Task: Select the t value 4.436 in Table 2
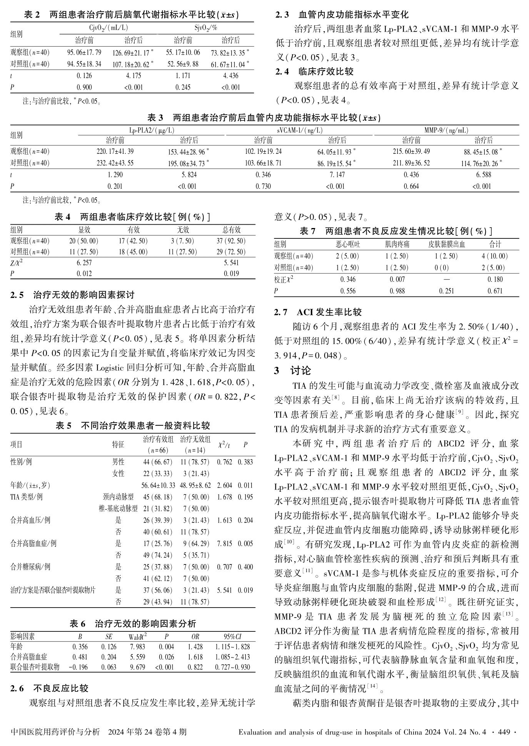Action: [x=230, y=76]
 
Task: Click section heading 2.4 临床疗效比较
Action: [x=314, y=72]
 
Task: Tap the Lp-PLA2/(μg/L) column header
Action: [x=152, y=131]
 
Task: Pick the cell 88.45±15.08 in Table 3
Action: [x=482, y=152]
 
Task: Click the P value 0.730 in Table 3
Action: [x=263, y=186]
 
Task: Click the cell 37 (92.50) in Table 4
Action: [x=231, y=241]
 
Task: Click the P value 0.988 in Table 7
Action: [x=397, y=291]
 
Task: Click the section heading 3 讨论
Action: [x=292, y=371]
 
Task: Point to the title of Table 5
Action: [x=133, y=426]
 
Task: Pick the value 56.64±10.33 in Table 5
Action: [x=158, y=485]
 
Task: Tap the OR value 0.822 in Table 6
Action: [x=195, y=667]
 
